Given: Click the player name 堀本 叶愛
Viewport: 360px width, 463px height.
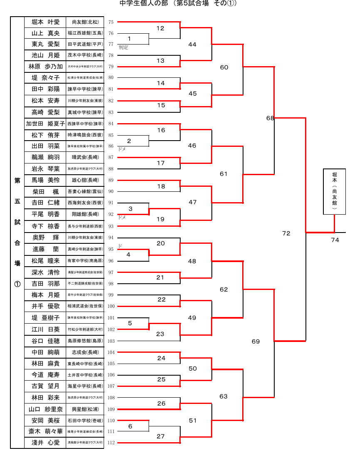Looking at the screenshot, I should click(45, 22).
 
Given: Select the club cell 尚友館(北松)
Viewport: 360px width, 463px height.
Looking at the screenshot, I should click(85, 22).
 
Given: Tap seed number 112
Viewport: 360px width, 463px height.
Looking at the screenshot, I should click(111, 443).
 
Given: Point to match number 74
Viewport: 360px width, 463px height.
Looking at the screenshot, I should click(335, 240).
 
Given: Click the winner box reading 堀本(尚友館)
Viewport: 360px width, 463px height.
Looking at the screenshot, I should click(334, 191).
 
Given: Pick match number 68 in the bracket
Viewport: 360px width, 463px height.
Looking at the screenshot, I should click(270, 118).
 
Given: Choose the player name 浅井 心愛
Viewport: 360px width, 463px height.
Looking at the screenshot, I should click(45, 443).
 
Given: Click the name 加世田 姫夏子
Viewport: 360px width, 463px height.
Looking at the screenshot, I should click(45, 124).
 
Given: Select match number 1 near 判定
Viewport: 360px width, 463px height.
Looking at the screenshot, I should click(129, 39).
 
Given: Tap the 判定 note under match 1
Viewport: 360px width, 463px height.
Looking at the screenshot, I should click(123, 47).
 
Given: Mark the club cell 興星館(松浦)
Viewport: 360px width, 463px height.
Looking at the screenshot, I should click(85, 409).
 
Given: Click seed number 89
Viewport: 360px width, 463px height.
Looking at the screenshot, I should click(111, 180).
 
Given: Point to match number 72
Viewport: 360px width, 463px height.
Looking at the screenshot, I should click(286, 233).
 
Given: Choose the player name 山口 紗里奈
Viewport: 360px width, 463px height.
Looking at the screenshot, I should click(45, 409).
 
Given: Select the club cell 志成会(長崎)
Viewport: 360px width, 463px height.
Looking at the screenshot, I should click(85, 352).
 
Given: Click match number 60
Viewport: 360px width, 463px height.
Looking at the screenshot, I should click(224, 67).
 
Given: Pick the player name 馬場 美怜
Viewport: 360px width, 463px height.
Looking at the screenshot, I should click(45, 180).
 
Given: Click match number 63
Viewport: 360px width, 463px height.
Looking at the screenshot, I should click(223, 396).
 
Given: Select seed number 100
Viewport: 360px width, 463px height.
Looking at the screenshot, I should click(111, 307).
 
